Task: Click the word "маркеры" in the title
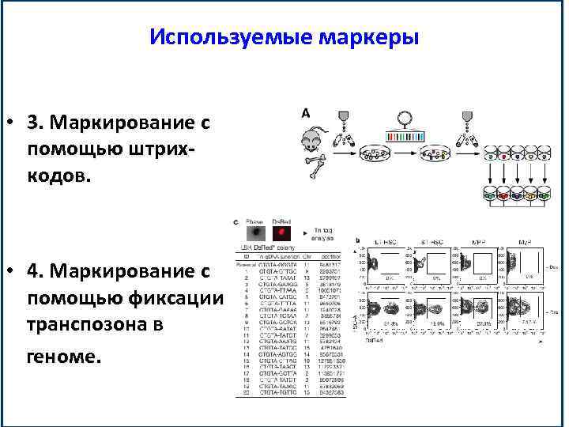(370, 37)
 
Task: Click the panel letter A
(305, 113)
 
